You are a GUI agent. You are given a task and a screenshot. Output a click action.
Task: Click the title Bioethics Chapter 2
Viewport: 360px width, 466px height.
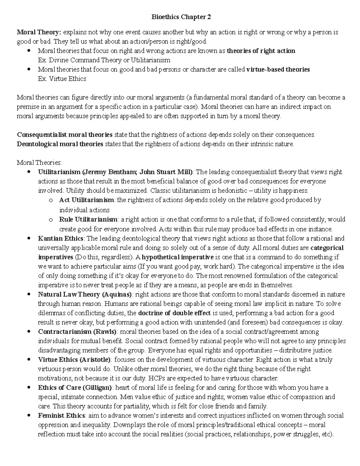[x=181, y=17]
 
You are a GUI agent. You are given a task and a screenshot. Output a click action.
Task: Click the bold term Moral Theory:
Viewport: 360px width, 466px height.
[x=39, y=32]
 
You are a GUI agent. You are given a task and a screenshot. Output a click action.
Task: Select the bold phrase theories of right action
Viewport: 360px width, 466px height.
[x=261, y=51]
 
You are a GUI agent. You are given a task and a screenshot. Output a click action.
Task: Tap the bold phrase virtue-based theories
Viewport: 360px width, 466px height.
[x=278, y=69]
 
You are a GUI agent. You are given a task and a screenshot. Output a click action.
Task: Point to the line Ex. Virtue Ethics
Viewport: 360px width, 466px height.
[x=62, y=79]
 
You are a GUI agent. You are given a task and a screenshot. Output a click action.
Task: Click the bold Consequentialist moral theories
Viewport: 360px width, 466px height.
[x=65, y=134]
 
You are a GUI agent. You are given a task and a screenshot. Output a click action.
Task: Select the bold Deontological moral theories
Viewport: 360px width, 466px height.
[x=60, y=144]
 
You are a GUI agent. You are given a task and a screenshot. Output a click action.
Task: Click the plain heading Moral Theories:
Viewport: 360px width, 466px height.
[x=39, y=163]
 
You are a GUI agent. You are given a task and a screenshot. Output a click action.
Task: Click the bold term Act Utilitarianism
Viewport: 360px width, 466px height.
[x=86, y=200]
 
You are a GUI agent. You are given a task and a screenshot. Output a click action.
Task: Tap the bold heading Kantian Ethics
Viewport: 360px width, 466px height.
[x=61, y=239]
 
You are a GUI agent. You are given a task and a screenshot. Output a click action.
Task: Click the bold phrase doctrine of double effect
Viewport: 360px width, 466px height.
[x=174, y=313]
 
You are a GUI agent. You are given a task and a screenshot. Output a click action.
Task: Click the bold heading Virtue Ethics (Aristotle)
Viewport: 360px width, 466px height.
[x=74, y=359]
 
